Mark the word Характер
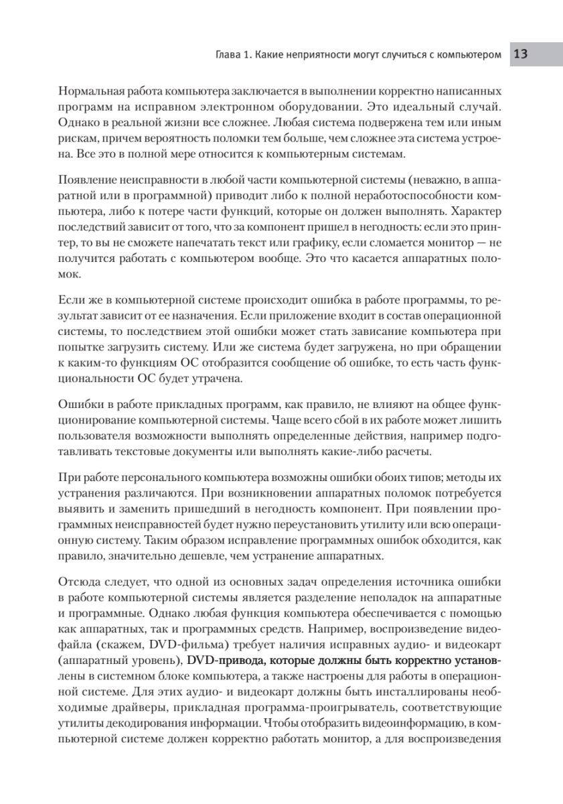click(477, 212)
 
